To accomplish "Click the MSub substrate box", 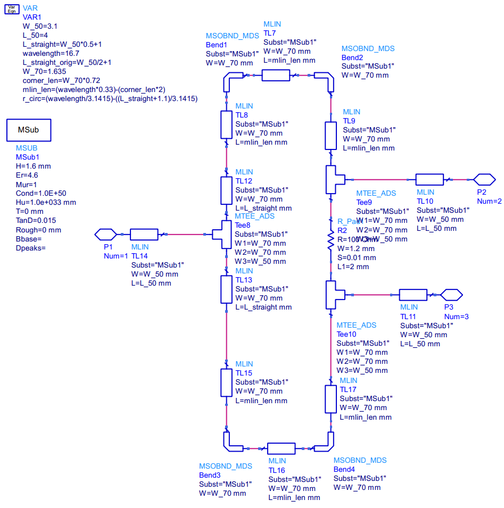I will pyautogui.click(x=29, y=130).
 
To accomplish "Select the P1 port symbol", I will pyautogui.click(x=105, y=234).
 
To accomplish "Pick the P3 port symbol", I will pyautogui.click(x=452, y=294).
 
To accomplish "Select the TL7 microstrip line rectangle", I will pyautogui.click(x=276, y=75).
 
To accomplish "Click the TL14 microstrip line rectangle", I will pyautogui.click(x=144, y=234).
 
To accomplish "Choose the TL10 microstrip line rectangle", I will pyautogui.click(x=429, y=179).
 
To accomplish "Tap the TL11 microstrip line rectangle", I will pyautogui.click(x=413, y=294).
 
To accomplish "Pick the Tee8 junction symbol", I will pyautogui.click(x=221, y=234).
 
